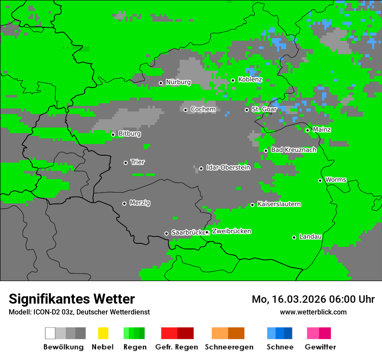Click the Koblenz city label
250,80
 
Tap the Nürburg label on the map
178,82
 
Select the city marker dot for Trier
126,163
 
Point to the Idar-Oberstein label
228,168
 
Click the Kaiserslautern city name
279,204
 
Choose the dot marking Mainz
307,130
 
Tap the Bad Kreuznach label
293,150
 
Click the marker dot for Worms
320,180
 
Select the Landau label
310,237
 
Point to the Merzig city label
140,203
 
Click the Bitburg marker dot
113,134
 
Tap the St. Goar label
264,109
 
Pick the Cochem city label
203,109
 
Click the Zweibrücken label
231,231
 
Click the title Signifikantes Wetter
72,299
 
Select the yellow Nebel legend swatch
103,333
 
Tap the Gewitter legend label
320,347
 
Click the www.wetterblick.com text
313,312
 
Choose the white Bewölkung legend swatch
50,333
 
